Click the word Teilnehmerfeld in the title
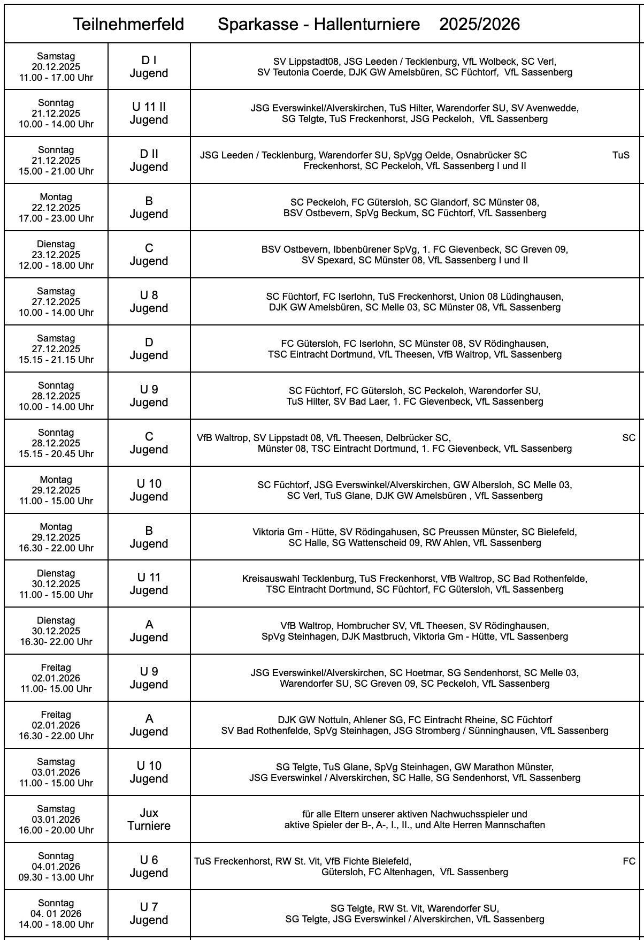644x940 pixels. click(128, 24)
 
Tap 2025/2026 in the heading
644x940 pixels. click(479, 24)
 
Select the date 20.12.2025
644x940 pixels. click(56, 67)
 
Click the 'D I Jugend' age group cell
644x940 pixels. click(149, 67)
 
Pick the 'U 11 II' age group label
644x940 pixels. click(149, 107)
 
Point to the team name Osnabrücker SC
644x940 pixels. click(491, 155)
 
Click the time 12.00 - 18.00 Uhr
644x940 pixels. click(56, 266)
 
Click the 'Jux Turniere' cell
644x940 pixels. click(149, 819)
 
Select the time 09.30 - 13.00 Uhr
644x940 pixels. click(56, 877)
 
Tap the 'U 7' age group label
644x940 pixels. click(149, 907)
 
